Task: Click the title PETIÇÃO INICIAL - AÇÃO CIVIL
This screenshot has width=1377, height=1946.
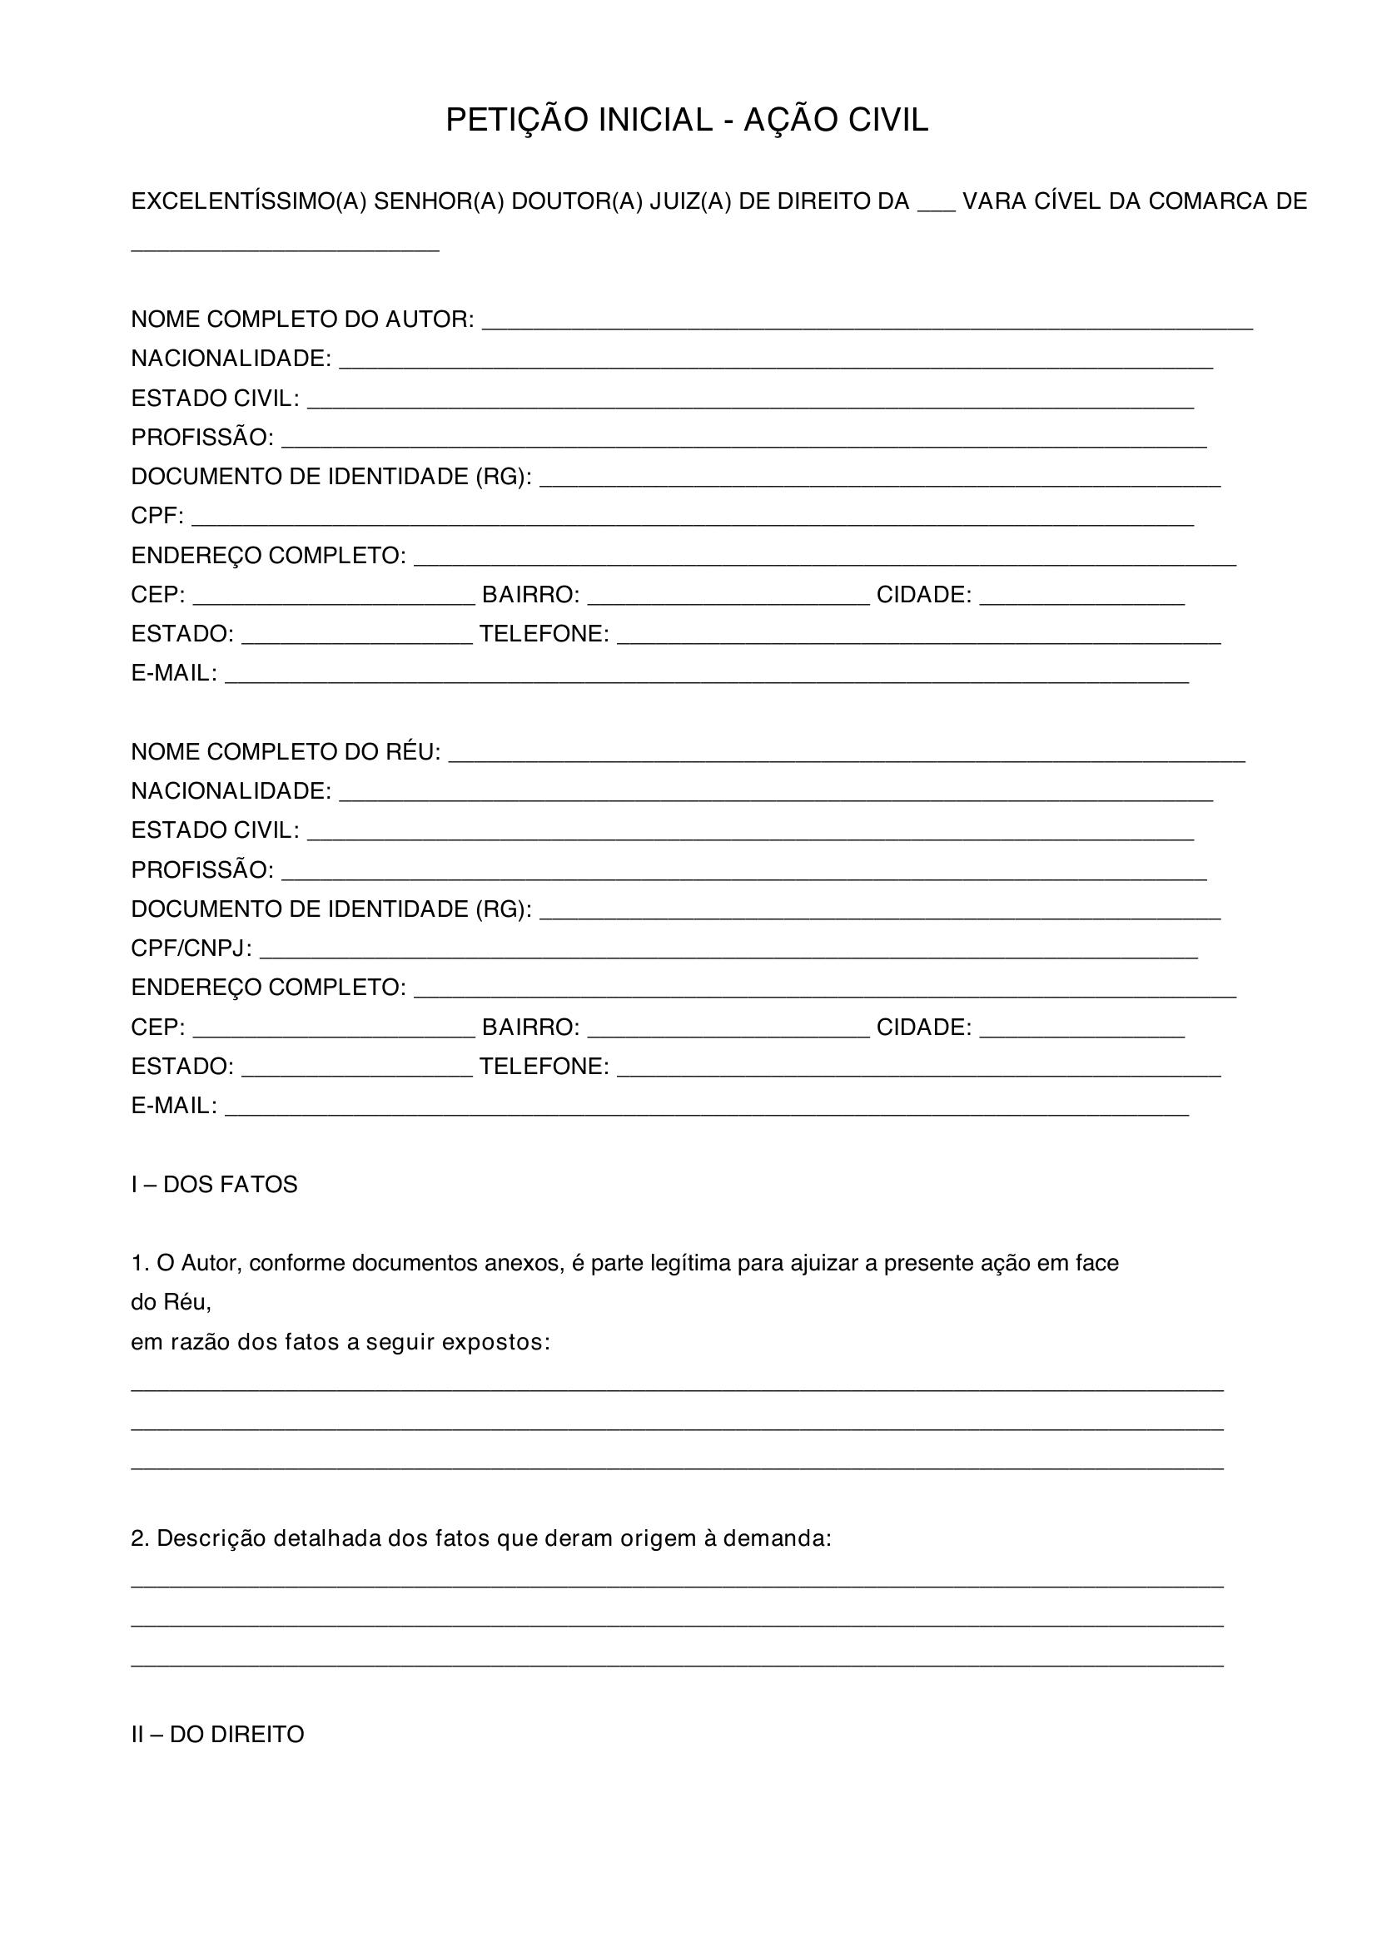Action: pyautogui.click(x=687, y=121)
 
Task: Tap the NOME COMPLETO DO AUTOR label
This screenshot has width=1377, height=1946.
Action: pyautogui.click(x=302, y=319)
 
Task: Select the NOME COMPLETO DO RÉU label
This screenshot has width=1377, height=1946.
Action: pyautogui.click(x=286, y=752)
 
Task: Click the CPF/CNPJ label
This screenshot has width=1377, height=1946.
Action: pyautogui.click(x=191, y=948)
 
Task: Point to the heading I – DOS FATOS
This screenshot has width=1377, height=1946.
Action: pyautogui.click(x=214, y=1185)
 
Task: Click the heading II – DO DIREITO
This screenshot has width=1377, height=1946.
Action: pyautogui.click(x=217, y=1735)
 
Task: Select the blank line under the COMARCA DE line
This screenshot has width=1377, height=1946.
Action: pyautogui.click(x=285, y=248)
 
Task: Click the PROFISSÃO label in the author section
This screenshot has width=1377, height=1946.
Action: pyautogui.click(x=201, y=438)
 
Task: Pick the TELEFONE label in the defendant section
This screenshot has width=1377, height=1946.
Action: pyautogui.click(x=544, y=1067)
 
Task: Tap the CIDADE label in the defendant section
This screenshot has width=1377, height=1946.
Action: pyautogui.click(x=923, y=1027)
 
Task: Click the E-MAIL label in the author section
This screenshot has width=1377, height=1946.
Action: pyautogui.click(x=174, y=674)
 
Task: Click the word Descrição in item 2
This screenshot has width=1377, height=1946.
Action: pyautogui.click(x=211, y=1538)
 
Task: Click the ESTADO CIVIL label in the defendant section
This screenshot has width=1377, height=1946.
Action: pyautogui.click(x=215, y=830)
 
